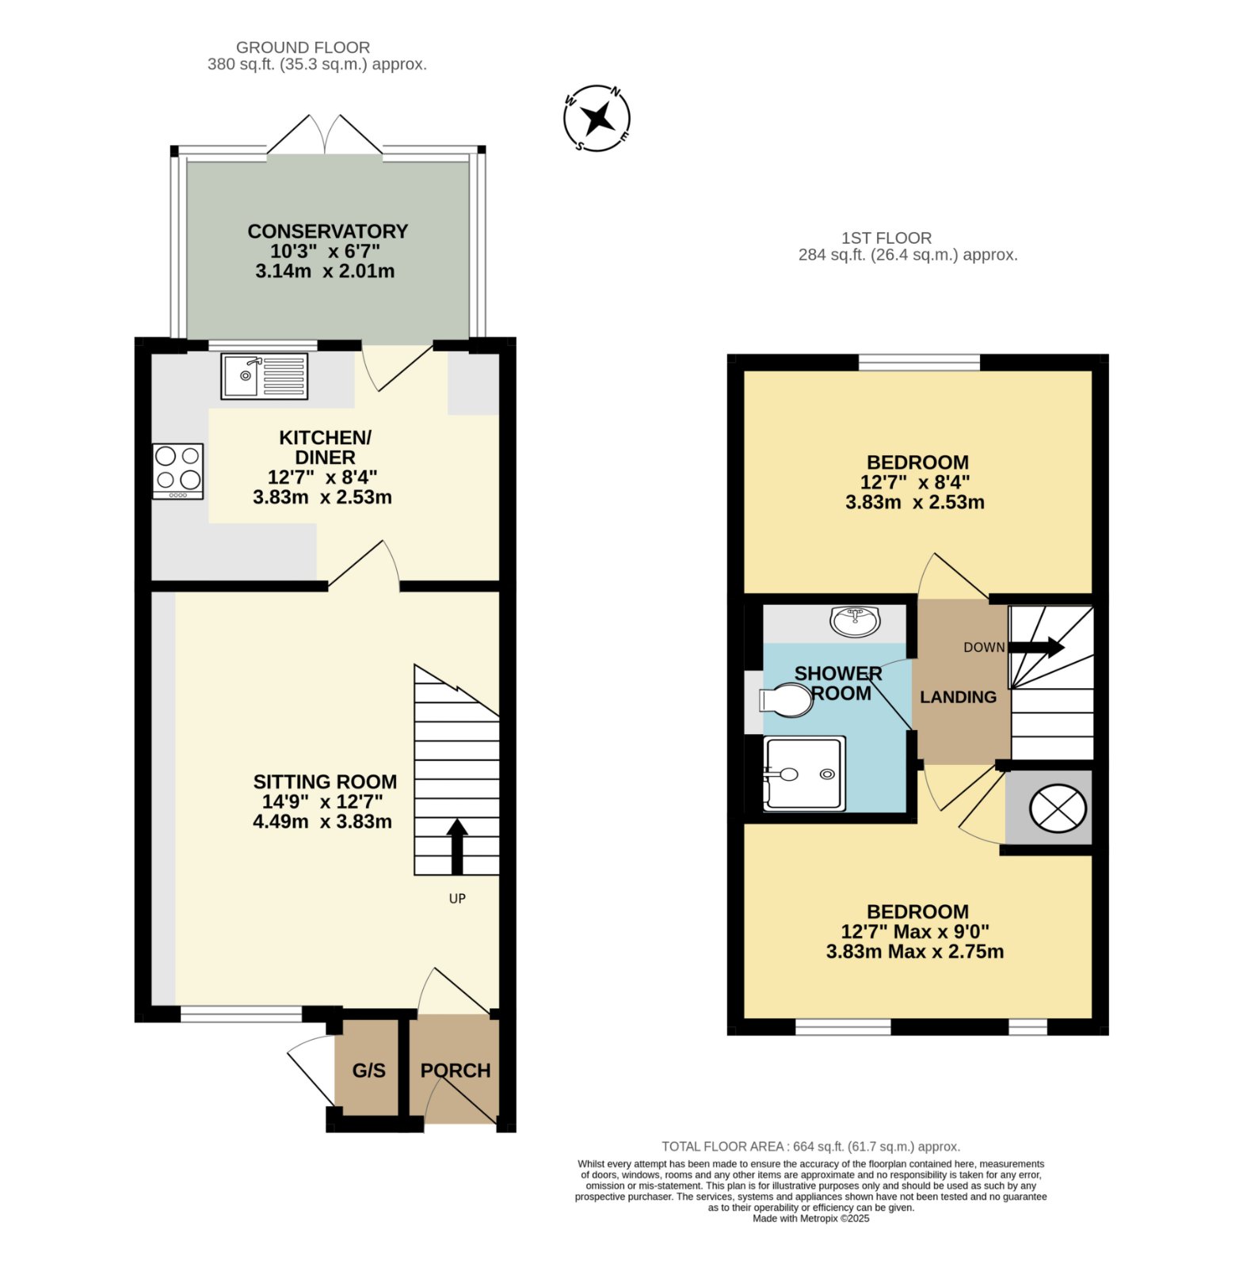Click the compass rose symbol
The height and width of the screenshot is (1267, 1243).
click(597, 118)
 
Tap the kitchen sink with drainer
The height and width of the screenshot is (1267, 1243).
click(264, 376)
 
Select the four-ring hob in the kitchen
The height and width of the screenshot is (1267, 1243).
click(178, 471)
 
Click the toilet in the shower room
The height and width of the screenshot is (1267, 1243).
click(786, 700)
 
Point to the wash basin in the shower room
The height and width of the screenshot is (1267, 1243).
click(856, 622)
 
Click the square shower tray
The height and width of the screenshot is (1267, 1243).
click(804, 774)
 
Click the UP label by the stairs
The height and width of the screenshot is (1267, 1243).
click(457, 899)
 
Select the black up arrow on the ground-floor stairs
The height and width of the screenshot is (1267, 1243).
click(457, 847)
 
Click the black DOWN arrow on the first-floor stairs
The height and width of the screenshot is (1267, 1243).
click(1036, 647)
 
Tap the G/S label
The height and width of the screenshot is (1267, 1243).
click(369, 1071)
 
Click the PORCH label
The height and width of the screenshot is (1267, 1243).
click(456, 1071)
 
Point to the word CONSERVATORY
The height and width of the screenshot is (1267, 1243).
click(328, 231)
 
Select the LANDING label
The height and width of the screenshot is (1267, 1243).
click(959, 697)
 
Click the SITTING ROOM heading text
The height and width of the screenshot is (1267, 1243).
click(325, 782)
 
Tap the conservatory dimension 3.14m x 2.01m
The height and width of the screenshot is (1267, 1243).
click(325, 271)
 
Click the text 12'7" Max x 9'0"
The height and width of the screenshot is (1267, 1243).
click(915, 931)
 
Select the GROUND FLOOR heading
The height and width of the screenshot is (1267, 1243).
click(303, 48)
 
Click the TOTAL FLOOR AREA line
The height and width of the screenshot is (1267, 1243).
click(811, 1147)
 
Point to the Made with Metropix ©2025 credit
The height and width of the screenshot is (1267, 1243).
click(811, 1219)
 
